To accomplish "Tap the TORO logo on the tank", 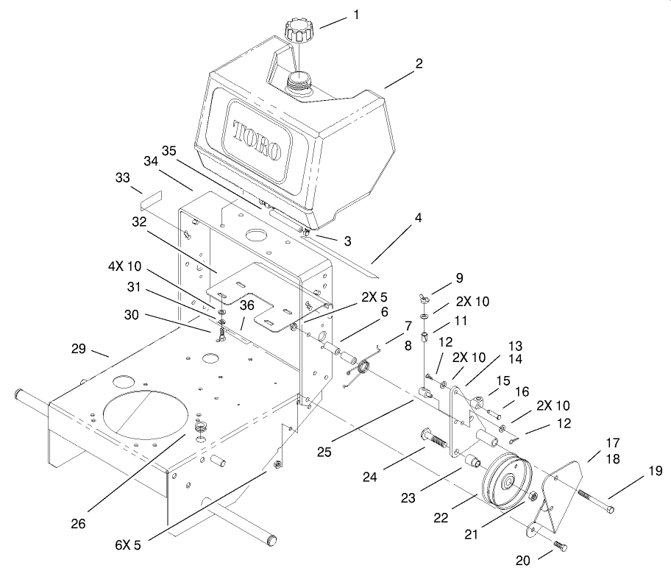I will click(257, 141).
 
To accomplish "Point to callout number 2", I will click(418, 63).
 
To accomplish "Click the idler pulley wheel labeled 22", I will click(505, 484).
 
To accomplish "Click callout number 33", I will click(122, 177).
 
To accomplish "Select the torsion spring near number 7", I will click(363, 367).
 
